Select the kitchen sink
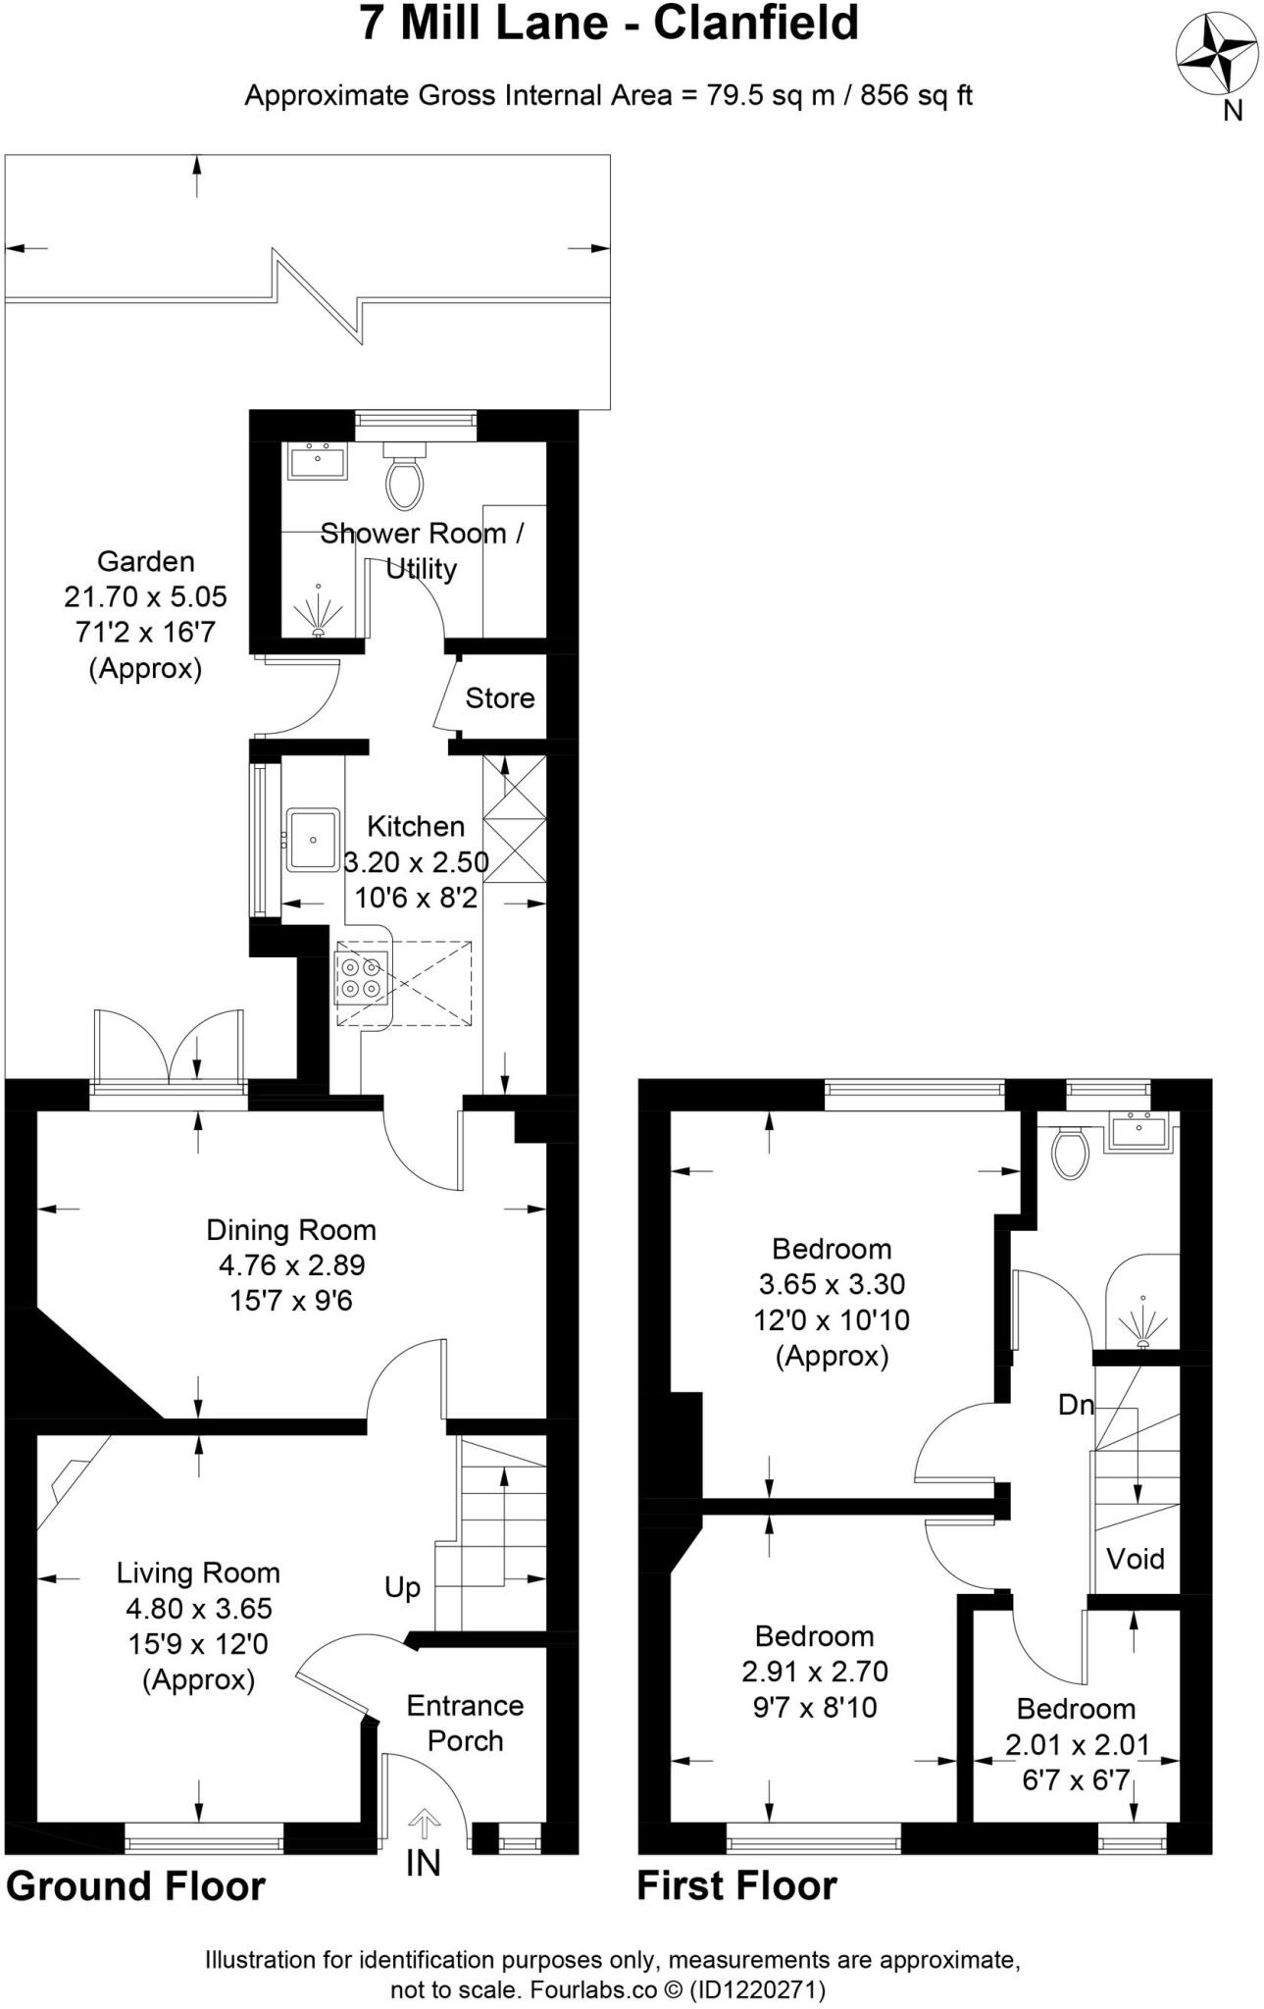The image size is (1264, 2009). [x=313, y=840]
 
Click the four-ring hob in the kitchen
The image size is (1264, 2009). [x=361, y=977]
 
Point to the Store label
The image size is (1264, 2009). [x=499, y=698]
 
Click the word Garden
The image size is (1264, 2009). [x=145, y=562]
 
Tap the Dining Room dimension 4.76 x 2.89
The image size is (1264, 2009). [x=291, y=1265]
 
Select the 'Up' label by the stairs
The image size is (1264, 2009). [x=402, y=1587]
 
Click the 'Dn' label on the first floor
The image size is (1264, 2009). [x=1076, y=1405]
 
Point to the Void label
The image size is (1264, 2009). [x=1136, y=1559]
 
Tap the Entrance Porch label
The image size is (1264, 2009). [x=465, y=1723]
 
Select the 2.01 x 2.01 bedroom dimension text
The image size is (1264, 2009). [x=1077, y=1744]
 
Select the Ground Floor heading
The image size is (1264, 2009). [x=135, y=1886]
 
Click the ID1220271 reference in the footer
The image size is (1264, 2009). [x=757, y=1990]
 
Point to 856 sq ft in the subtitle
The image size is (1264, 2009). [x=916, y=95]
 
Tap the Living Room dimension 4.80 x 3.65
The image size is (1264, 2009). [x=198, y=1609]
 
